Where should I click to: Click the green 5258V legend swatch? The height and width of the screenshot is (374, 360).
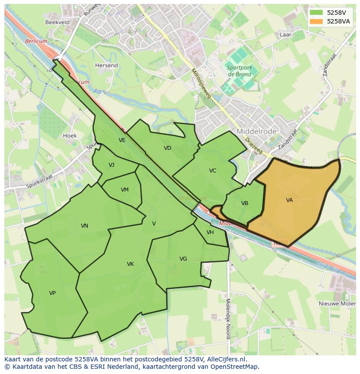click(317, 13)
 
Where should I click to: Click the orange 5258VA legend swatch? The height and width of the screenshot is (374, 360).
click(317, 21)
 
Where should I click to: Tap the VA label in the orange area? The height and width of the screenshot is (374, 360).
click(290, 200)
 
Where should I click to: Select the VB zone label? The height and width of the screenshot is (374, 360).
click(245, 203)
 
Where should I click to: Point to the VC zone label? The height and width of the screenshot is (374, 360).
click(213, 171)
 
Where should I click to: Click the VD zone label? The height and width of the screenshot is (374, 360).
click(167, 149)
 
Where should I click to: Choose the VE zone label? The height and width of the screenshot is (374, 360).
click(122, 140)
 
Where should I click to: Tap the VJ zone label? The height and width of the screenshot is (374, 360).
click(112, 165)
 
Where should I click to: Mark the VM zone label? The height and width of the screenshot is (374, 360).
click(125, 190)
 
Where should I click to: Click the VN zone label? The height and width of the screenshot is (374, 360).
click(84, 226)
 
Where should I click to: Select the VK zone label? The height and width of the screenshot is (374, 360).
click(130, 264)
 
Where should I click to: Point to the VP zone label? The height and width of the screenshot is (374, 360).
click(52, 293)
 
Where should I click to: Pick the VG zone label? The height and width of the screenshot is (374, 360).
click(183, 259)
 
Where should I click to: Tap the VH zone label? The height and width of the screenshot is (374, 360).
click(210, 232)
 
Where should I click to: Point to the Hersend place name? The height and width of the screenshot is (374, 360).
click(107, 66)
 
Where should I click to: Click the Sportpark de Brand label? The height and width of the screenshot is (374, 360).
click(239, 71)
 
